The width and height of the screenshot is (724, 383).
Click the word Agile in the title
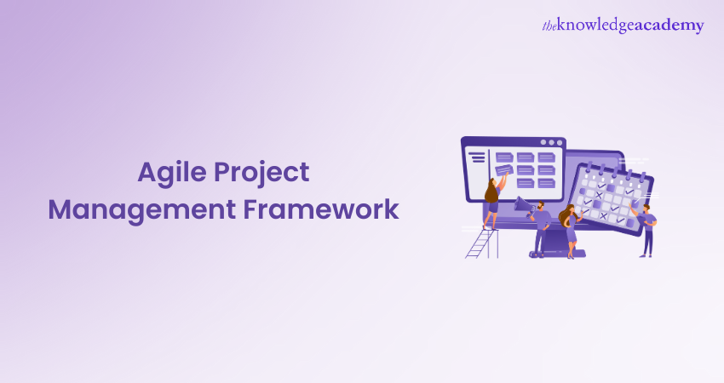click(172, 174)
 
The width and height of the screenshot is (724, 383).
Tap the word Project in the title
click(261, 174)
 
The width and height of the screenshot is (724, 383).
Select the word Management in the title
click(141, 209)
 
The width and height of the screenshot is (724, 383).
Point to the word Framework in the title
click(321, 209)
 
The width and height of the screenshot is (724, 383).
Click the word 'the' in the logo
click(549, 26)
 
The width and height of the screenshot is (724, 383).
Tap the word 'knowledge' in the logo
click(595, 26)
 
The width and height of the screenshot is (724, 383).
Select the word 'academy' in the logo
click(669, 26)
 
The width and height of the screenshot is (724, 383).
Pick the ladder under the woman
click(482, 243)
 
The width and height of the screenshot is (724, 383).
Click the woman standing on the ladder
click(494, 202)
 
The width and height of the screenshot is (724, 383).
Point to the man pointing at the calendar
click(646, 229)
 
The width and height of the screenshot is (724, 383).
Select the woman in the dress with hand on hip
click(570, 231)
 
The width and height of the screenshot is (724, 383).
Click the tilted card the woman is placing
click(504, 170)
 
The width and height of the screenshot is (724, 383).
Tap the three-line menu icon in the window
click(478, 157)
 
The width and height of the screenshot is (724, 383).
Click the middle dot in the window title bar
click(551, 143)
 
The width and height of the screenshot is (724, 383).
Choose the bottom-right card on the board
click(546, 183)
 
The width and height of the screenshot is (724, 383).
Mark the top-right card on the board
click(546, 157)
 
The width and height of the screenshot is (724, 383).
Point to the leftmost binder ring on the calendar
click(589, 168)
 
